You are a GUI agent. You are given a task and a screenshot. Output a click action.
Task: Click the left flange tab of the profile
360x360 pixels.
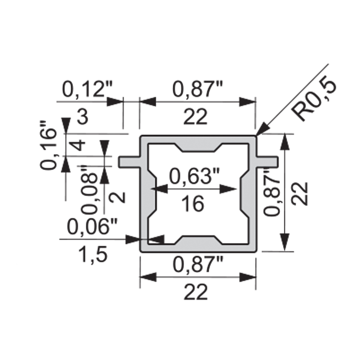(130, 161)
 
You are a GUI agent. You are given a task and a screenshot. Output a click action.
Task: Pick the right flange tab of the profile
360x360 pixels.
(267, 161)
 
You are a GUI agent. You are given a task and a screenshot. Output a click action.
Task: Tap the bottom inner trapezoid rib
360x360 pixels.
(198, 240)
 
